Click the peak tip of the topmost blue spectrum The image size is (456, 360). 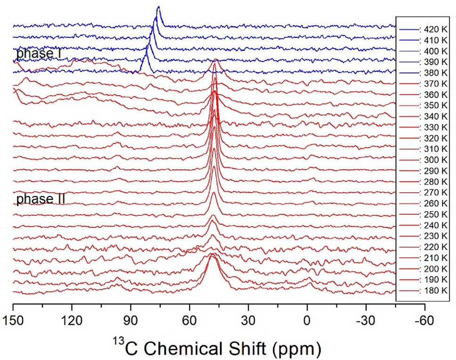(158, 7)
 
